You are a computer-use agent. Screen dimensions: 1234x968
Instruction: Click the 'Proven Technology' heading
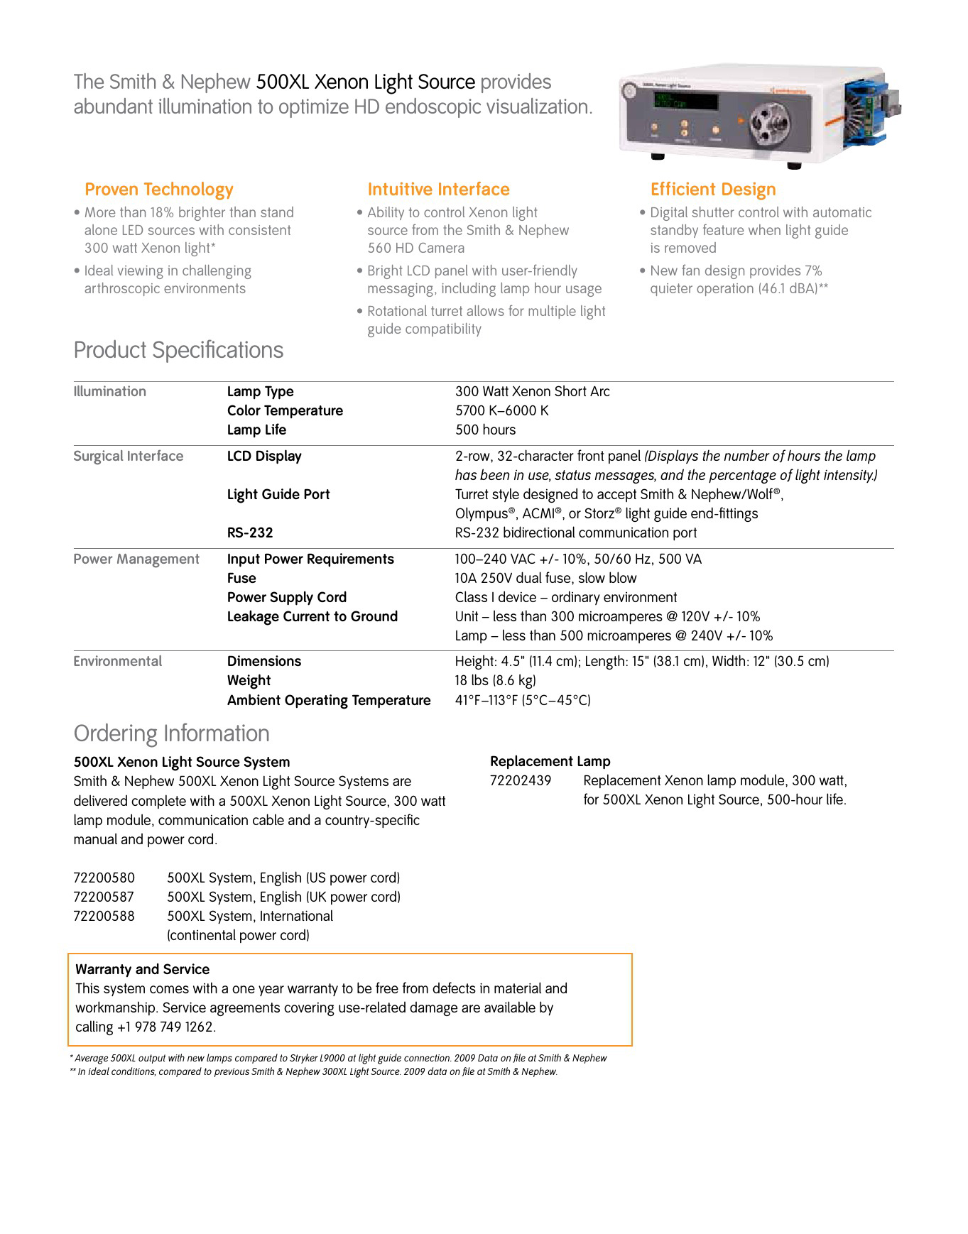click(x=158, y=190)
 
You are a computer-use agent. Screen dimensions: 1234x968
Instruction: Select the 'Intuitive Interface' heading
click(x=438, y=190)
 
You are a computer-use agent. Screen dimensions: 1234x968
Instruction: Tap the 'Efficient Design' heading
click(x=712, y=190)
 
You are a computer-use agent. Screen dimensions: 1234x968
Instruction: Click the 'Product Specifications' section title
click(x=178, y=350)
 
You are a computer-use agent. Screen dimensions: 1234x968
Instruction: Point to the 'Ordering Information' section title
click(x=172, y=733)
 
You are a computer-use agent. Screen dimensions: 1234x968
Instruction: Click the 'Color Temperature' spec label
click(x=285, y=410)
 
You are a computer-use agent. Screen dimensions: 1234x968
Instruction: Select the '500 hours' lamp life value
click(x=485, y=430)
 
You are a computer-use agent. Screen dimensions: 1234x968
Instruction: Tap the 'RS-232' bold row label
click(x=250, y=533)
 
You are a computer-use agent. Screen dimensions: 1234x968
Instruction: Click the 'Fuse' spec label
click(x=241, y=578)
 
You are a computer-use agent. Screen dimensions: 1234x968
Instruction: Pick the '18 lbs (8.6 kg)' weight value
click(x=495, y=680)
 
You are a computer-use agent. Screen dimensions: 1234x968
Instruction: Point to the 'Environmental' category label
click(x=118, y=661)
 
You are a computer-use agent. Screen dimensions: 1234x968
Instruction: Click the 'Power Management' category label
click(x=136, y=559)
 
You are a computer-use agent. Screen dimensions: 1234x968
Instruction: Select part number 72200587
click(x=104, y=897)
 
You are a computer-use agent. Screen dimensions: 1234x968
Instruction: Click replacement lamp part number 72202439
click(x=521, y=780)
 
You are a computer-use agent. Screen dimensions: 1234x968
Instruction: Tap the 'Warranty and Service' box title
click(x=142, y=969)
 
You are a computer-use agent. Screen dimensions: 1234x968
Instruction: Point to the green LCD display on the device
click(x=685, y=100)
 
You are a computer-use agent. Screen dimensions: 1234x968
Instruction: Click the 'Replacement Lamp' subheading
click(x=550, y=761)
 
